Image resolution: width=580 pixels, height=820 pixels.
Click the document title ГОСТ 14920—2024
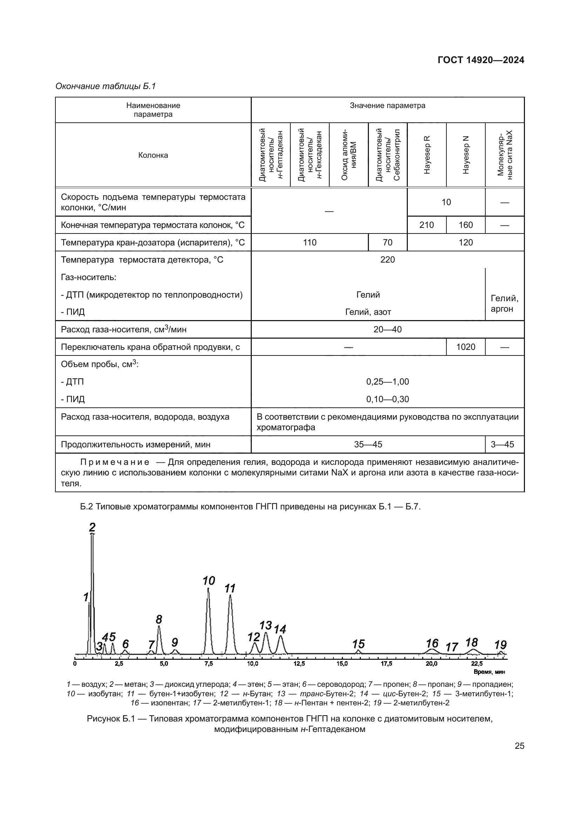(481, 60)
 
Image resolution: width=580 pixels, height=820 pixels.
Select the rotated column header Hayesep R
(427, 155)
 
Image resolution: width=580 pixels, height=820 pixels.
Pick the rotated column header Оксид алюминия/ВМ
(349, 155)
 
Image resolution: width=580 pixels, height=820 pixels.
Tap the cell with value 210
(426, 225)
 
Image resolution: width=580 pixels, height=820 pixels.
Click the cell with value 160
(465, 225)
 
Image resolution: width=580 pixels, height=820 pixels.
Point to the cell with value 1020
(465, 347)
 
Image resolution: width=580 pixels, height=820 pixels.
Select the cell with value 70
(387, 243)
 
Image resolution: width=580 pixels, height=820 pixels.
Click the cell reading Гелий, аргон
(504, 303)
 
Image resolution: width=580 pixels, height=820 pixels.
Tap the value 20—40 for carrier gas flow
(387, 329)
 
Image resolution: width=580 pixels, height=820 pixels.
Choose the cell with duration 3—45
(504, 444)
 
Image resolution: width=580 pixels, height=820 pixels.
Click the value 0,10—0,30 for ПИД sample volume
(387, 399)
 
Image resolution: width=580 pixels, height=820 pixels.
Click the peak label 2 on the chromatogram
(92, 527)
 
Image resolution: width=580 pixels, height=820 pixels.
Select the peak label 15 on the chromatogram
(358, 644)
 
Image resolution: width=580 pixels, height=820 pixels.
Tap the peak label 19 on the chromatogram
(500, 645)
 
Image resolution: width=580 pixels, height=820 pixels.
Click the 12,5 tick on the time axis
(299, 664)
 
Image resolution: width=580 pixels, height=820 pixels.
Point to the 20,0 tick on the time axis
(431, 664)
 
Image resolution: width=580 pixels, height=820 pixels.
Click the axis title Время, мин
(489, 672)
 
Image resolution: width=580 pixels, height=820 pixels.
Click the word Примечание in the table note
(115, 462)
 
